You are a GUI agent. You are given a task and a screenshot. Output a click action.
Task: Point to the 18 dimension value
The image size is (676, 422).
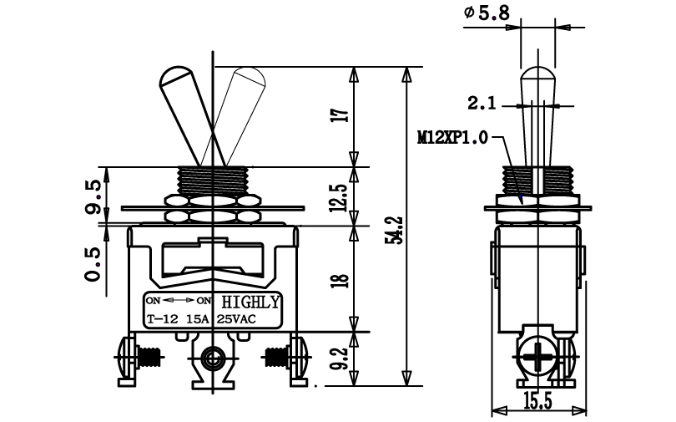point(341,280)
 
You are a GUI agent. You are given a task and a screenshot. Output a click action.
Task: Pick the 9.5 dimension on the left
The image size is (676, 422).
point(93,196)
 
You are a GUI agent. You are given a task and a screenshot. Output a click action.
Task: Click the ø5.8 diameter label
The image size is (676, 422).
point(487,13)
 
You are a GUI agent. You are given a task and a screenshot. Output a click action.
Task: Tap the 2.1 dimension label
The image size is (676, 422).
point(482,104)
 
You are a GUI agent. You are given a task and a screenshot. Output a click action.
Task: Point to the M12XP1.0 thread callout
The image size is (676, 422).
point(452,138)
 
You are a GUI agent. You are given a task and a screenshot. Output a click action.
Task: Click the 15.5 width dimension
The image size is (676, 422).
point(537,402)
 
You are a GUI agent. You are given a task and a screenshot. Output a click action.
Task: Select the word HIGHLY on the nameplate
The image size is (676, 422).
point(250,302)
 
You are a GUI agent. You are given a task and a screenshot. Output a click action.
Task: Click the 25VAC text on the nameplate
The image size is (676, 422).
point(236,319)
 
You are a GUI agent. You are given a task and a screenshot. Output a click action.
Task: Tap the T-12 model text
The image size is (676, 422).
point(162,319)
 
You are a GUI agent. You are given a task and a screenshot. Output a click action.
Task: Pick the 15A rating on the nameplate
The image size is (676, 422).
point(198,319)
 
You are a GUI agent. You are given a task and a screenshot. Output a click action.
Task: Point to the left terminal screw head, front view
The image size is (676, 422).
point(125,358)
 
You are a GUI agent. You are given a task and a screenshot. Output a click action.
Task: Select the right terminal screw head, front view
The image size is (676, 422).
point(300,358)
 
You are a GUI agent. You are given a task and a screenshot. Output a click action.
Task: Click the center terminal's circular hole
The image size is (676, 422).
point(212,357)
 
